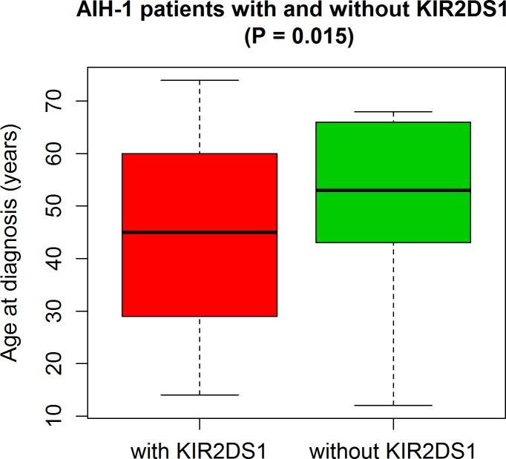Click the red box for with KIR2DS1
pos(200,274)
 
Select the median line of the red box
pos(200,232)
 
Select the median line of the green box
pos(392,190)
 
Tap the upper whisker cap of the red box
pos(200,80)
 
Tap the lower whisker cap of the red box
pos(200,395)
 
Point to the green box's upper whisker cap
pos(392,112)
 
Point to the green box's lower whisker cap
pos(392,406)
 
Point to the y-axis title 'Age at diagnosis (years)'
pos(13,242)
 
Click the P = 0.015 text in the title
pos(299,37)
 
